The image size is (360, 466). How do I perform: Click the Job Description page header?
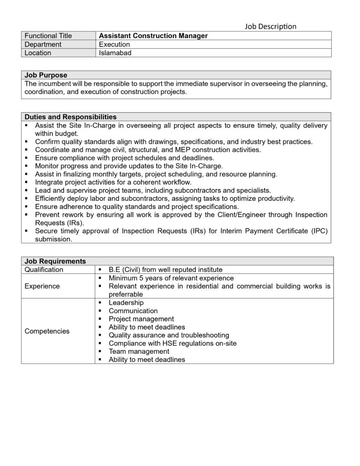pos(270,26)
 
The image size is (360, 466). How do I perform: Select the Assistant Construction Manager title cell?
pos(153,36)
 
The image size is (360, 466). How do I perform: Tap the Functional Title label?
pos(48,36)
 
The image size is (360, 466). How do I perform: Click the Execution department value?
pos(114,45)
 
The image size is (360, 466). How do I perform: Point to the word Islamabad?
pos(115,53)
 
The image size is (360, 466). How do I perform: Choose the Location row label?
pos(38,53)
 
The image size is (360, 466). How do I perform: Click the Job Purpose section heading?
pos(46,75)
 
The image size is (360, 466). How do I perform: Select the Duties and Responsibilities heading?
pos(71,117)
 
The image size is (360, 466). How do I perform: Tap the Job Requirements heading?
pos(55,261)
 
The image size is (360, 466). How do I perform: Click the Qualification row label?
pos(44,269)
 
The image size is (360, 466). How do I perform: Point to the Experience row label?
pos(42,286)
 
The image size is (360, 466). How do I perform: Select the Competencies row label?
pos(47,331)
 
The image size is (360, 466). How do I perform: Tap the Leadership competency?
pos(126,303)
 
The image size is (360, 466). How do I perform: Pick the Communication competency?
pos(133,311)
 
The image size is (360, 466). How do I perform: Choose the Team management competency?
pos(139,351)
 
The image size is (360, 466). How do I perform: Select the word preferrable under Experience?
pos(126,294)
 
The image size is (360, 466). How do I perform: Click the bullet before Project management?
pos(100,319)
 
